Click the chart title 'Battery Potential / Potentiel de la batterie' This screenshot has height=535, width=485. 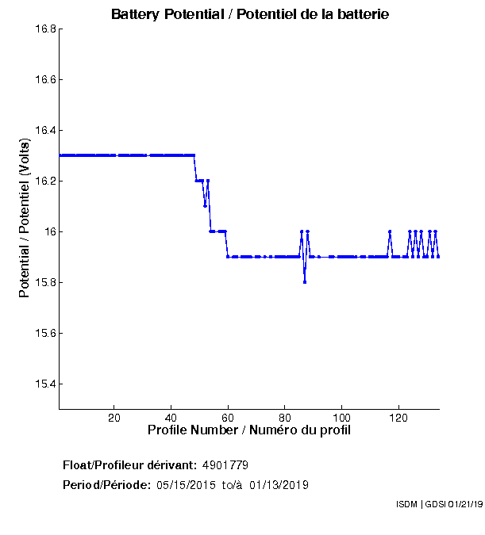point(250,14)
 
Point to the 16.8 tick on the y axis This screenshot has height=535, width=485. point(44,29)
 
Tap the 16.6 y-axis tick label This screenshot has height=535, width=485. point(44,80)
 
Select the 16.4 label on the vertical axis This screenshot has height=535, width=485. point(44,131)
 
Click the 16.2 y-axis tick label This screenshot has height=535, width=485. point(44,182)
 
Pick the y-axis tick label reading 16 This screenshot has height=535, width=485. point(48,232)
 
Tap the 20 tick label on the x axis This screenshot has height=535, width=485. point(114,418)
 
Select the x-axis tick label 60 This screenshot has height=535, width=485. point(228,418)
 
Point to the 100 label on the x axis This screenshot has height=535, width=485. point(341,418)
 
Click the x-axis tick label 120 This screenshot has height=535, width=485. point(398,418)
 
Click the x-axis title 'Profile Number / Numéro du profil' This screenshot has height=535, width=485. point(249,430)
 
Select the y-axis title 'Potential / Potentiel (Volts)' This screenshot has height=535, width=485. point(25,218)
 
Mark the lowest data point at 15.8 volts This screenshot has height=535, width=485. point(305,282)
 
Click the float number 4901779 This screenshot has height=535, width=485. point(231,464)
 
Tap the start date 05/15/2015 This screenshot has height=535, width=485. point(187,485)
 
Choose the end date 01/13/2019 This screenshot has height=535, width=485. point(279,485)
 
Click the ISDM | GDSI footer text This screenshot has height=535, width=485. point(438,504)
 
